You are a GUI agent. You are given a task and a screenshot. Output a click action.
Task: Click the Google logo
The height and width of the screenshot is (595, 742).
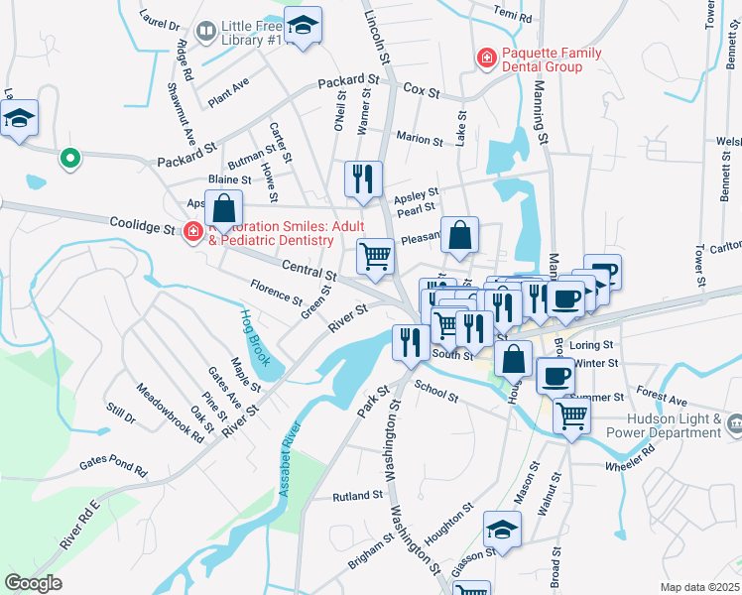pyautogui.click(x=34, y=583)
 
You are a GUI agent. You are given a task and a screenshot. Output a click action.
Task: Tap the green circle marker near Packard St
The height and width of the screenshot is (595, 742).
pyautogui.click(x=68, y=158)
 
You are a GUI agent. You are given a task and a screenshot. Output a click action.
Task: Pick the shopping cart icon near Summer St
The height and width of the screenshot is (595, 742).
pyautogui.click(x=570, y=416)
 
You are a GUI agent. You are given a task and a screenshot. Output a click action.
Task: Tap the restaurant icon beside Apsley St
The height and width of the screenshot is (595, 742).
pyautogui.click(x=362, y=179)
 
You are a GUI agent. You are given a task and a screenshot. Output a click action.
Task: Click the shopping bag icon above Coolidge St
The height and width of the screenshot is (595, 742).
pyautogui.click(x=224, y=208)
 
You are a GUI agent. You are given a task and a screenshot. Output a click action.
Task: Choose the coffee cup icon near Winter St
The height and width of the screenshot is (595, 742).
pyautogui.click(x=556, y=376)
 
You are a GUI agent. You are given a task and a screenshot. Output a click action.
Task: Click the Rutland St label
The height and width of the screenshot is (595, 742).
pyautogui.click(x=357, y=495)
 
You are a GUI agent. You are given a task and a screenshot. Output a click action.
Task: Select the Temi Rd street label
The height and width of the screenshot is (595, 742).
pyautogui.click(x=512, y=18)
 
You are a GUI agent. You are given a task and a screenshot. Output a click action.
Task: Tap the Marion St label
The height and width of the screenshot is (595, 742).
pyautogui.click(x=418, y=139)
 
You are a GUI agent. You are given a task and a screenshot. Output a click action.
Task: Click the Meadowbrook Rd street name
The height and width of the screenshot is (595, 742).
pyautogui.click(x=171, y=413)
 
